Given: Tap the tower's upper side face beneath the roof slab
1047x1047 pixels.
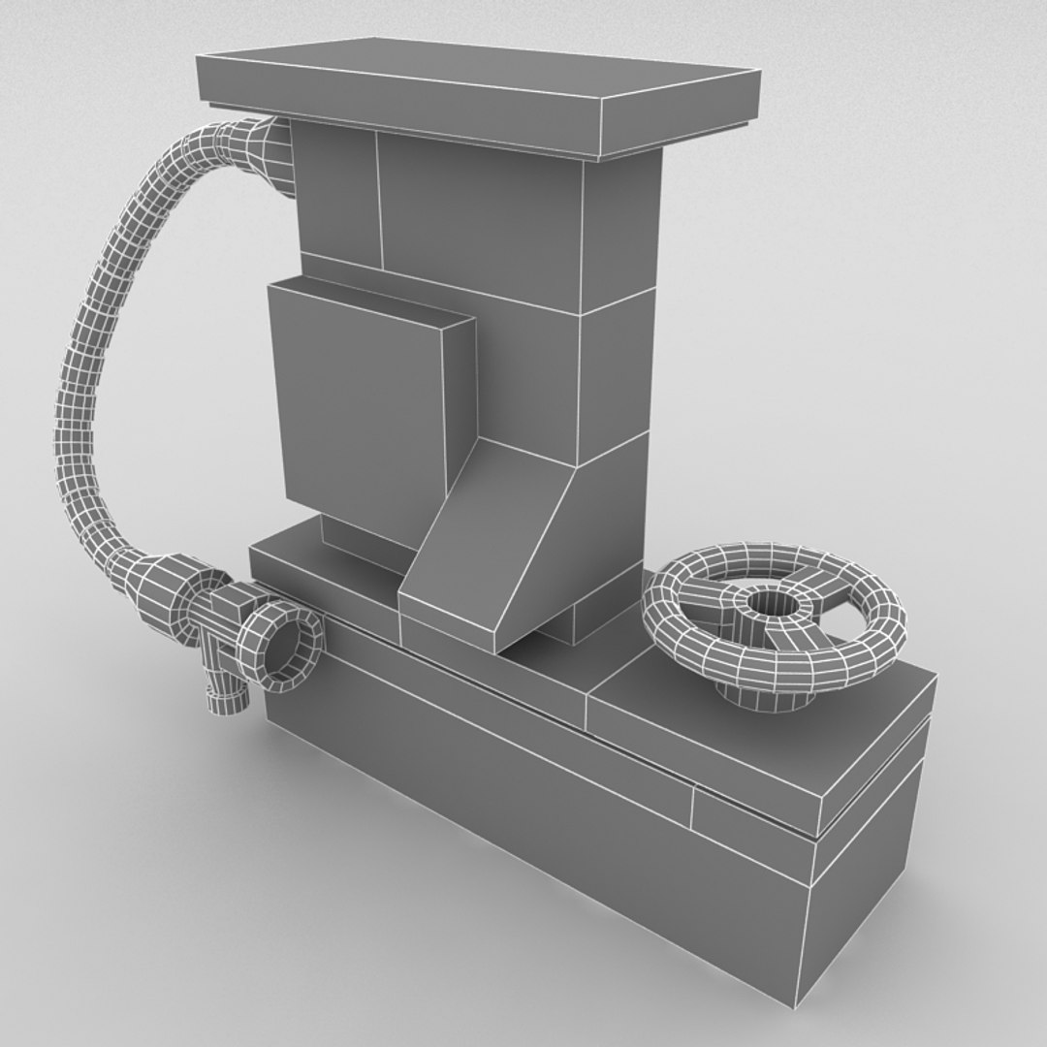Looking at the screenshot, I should [620, 233].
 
